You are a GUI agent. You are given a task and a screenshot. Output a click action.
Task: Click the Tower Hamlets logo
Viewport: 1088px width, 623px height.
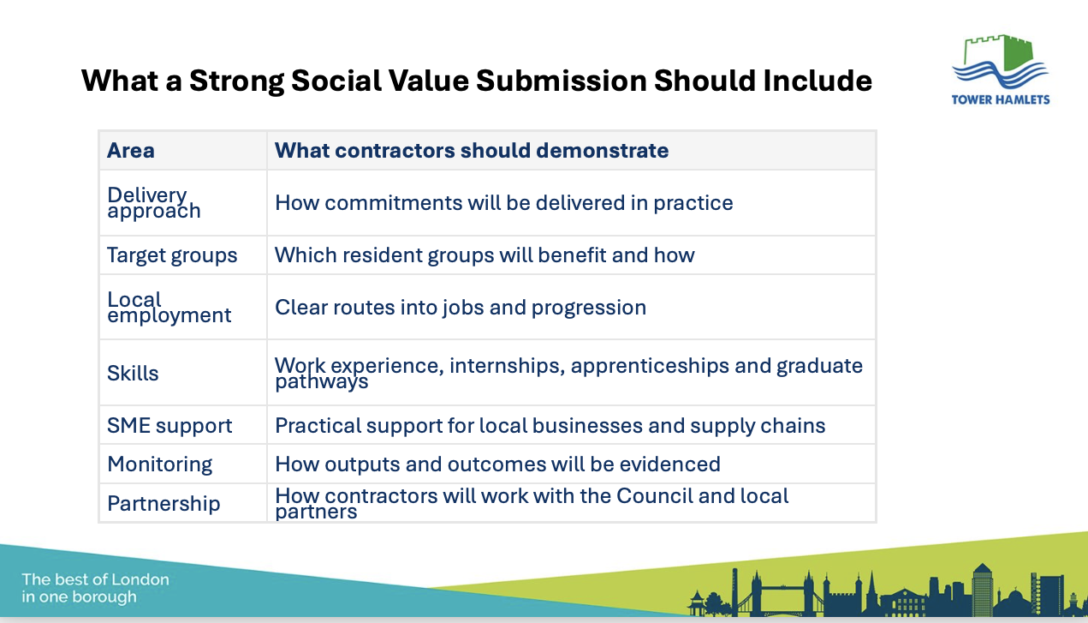coord(1001,70)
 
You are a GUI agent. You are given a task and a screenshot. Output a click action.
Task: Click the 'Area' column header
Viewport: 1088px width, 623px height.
coord(131,150)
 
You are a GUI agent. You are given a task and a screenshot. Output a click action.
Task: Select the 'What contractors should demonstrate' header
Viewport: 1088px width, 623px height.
coord(472,150)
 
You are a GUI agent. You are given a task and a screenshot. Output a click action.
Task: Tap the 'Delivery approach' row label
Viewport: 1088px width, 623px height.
coord(154,203)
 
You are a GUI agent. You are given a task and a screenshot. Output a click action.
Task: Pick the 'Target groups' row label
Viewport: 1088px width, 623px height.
coord(172,255)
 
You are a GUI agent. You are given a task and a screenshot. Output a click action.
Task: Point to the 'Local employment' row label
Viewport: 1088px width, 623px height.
coord(169,308)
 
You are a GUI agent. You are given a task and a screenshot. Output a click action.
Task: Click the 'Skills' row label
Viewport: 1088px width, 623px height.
coord(133,373)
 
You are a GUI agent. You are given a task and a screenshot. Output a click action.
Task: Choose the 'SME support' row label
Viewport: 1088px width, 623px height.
coord(169,426)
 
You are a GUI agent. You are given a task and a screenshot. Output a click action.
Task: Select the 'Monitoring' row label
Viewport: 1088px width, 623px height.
coord(160,464)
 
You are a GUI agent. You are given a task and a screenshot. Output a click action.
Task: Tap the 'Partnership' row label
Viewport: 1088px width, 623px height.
coord(163,503)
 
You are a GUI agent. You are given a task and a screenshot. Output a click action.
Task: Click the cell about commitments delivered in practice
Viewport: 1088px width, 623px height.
coord(504,203)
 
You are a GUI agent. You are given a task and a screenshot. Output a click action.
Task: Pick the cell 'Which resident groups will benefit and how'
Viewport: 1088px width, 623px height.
coord(485,255)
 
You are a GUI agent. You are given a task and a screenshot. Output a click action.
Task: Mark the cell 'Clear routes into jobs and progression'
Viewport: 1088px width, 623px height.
coord(461,308)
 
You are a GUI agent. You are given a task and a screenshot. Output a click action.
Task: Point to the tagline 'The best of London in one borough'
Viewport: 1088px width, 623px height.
coord(95,588)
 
